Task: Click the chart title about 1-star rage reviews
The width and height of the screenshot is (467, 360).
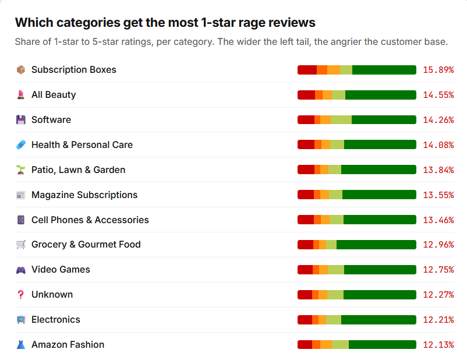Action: (165, 23)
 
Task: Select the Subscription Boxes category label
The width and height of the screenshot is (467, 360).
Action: (73, 70)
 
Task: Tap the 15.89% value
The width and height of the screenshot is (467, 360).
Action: (438, 70)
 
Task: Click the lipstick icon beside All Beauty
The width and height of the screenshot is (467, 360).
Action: (21, 95)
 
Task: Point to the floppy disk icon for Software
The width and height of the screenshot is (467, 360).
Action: (21, 120)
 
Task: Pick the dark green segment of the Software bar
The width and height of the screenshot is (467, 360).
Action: (384, 120)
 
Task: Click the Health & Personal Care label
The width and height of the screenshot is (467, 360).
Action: (82, 145)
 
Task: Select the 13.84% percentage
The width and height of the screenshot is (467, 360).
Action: (438, 170)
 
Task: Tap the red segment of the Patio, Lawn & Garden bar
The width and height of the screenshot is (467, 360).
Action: (306, 170)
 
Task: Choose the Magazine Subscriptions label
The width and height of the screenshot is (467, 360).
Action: (84, 195)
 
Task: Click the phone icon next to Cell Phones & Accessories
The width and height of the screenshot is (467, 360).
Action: (21, 220)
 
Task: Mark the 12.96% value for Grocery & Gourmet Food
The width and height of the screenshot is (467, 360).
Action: (438, 245)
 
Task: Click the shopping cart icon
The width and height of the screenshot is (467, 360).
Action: (21, 245)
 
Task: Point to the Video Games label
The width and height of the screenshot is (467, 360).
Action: (61, 270)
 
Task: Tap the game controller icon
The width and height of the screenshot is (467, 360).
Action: (21, 270)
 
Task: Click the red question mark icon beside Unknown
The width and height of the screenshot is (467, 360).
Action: (21, 295)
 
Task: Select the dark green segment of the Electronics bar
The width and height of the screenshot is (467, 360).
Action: (378, 320)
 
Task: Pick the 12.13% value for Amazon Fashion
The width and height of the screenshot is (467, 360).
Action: (438, 345)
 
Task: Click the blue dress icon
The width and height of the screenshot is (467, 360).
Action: (21, 345)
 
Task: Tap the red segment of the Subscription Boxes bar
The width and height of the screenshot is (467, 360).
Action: (307, 70)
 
